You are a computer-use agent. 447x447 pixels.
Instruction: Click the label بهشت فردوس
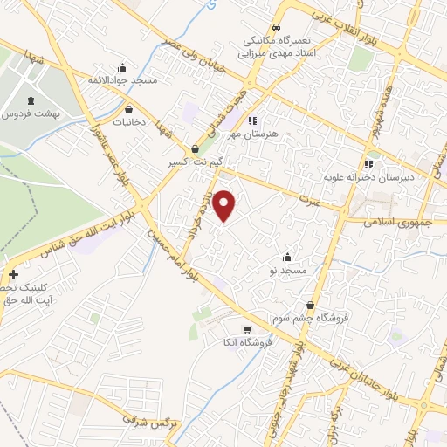(x=30, y=115)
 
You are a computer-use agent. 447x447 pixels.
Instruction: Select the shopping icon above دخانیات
(x=130, y=110)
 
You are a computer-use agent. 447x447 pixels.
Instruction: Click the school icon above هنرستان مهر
(x=252, y=120)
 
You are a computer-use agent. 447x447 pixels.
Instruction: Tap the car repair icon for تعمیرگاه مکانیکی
(x=276, y=27)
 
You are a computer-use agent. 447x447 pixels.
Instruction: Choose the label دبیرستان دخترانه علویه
(x=368, y=177)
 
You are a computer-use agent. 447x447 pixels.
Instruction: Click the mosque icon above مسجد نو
(x=288, y=257)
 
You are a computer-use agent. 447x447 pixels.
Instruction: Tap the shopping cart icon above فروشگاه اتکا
(x=248, y=330)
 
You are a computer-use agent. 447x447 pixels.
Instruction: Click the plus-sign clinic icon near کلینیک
(x=13, y=274)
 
